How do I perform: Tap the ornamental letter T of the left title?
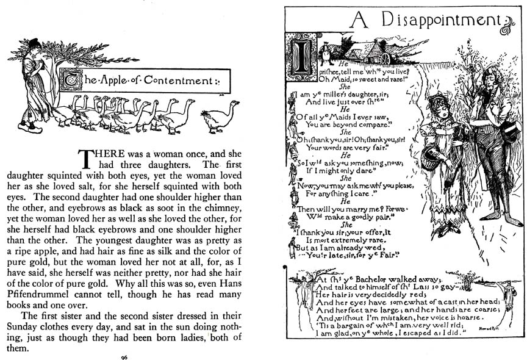pyautogui.click(x=71, y=79)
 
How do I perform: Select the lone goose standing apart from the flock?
pyautogui.click(x=220, y=116)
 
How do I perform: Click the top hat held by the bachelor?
pyautogui.click(x=509, y=129)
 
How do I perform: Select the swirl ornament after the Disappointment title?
pyautogui.click(x=507, y=24)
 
